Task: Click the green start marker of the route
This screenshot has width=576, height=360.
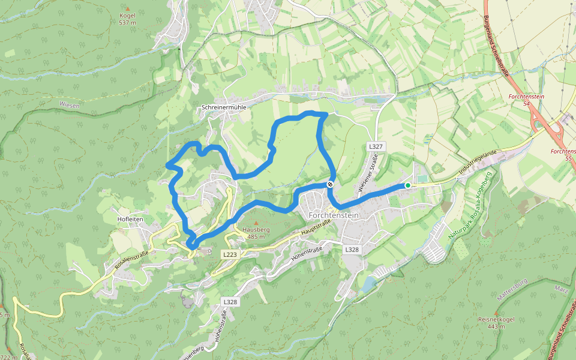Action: click(408, 185)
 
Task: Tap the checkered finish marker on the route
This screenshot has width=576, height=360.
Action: click(330, 185)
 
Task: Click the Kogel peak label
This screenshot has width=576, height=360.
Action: click(128, 16)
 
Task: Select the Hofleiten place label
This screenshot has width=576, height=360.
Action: click(130, 219)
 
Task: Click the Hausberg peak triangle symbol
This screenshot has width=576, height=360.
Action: click(256, 223)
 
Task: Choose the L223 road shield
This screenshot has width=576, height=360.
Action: click(230, 254)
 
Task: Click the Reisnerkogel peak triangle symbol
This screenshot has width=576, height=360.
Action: click(491, 313)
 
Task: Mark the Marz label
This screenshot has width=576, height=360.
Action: click(562, 290)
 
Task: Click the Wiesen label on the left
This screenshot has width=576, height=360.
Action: click(69, 104)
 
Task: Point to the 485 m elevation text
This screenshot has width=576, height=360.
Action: click(256, 236)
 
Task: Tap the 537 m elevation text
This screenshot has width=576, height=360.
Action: click(128, 23)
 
